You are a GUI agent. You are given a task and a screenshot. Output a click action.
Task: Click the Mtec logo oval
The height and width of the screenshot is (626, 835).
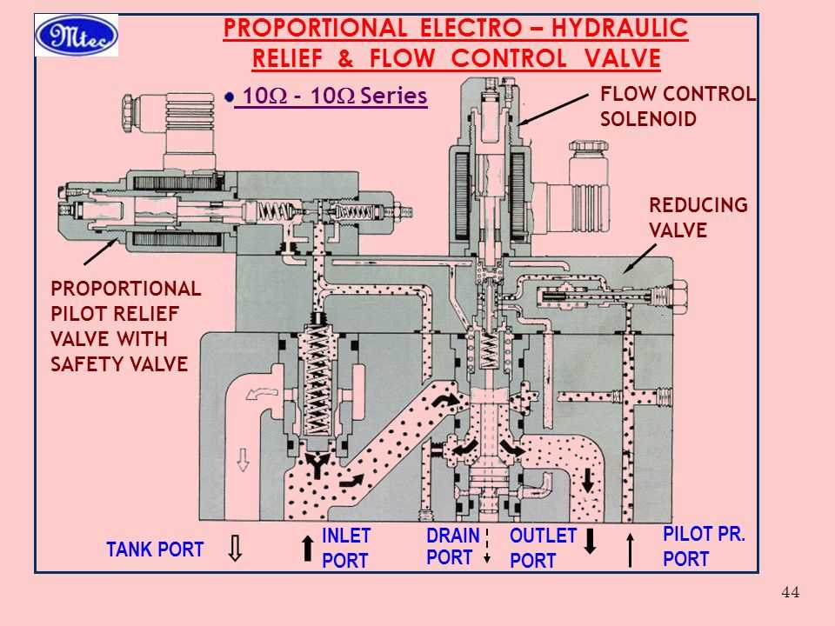tap(77, 36)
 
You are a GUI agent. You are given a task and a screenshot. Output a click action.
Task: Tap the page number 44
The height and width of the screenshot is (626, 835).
tap(791, 593)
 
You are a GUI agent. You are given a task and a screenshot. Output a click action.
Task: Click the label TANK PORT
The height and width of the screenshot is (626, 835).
tap(155, 549)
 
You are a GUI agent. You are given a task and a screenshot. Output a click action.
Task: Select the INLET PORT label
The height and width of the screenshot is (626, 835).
tap(346, 548)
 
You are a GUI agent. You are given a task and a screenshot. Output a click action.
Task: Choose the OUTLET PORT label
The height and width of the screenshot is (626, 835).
tap(543, 549)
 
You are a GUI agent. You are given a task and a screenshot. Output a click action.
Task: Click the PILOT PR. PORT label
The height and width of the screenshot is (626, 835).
tap(704, 547)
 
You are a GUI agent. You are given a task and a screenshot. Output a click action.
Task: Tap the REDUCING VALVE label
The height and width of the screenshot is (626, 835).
tap(698, 217)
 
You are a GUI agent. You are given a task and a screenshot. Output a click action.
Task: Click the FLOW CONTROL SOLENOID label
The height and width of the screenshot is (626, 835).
tap(678, 106)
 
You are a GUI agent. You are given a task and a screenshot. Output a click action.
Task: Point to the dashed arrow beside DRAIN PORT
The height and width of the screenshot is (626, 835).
tap(487, 545)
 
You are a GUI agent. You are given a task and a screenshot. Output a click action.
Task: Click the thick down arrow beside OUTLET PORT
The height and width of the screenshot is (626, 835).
tap(591, 540)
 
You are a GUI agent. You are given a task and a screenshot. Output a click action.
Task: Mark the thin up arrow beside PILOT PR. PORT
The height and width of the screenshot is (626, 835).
tap(630, 549)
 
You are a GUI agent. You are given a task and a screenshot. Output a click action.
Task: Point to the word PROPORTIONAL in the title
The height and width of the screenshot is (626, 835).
tap(315, 29)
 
